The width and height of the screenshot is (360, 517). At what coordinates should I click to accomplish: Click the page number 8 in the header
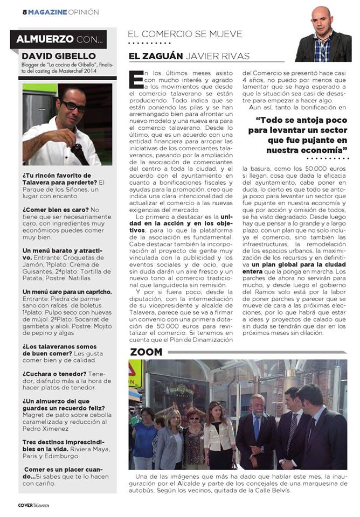25,11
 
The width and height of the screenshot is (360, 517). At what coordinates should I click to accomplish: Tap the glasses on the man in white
73,107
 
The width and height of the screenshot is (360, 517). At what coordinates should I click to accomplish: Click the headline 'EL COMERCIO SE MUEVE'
184,34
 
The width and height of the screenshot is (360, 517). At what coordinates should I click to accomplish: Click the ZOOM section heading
146,352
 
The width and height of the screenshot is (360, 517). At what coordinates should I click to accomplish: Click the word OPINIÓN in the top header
84,11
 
